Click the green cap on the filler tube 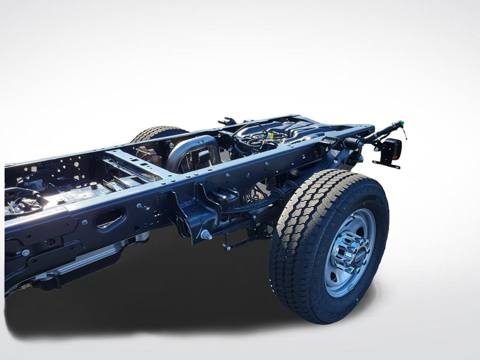pos(400,125)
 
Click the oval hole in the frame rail pos(111,218)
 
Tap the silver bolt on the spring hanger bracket pos(205,235)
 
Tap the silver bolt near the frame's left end pos(25,253)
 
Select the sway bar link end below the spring pos(227,246)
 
